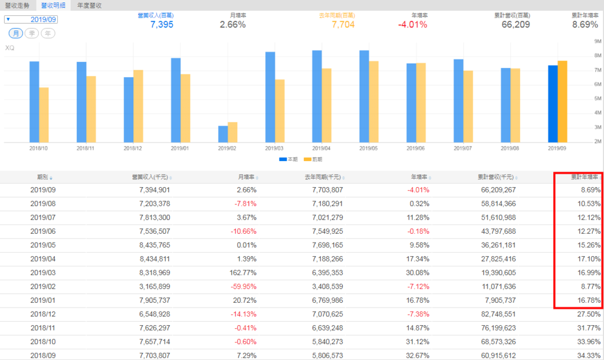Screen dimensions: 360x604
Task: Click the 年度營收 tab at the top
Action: tap(90, 5)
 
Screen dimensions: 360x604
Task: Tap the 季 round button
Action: tap(32, 33)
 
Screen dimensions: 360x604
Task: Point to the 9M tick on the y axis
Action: tap(597, 42)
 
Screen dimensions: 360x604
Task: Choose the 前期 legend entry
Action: tap(314, 159)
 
